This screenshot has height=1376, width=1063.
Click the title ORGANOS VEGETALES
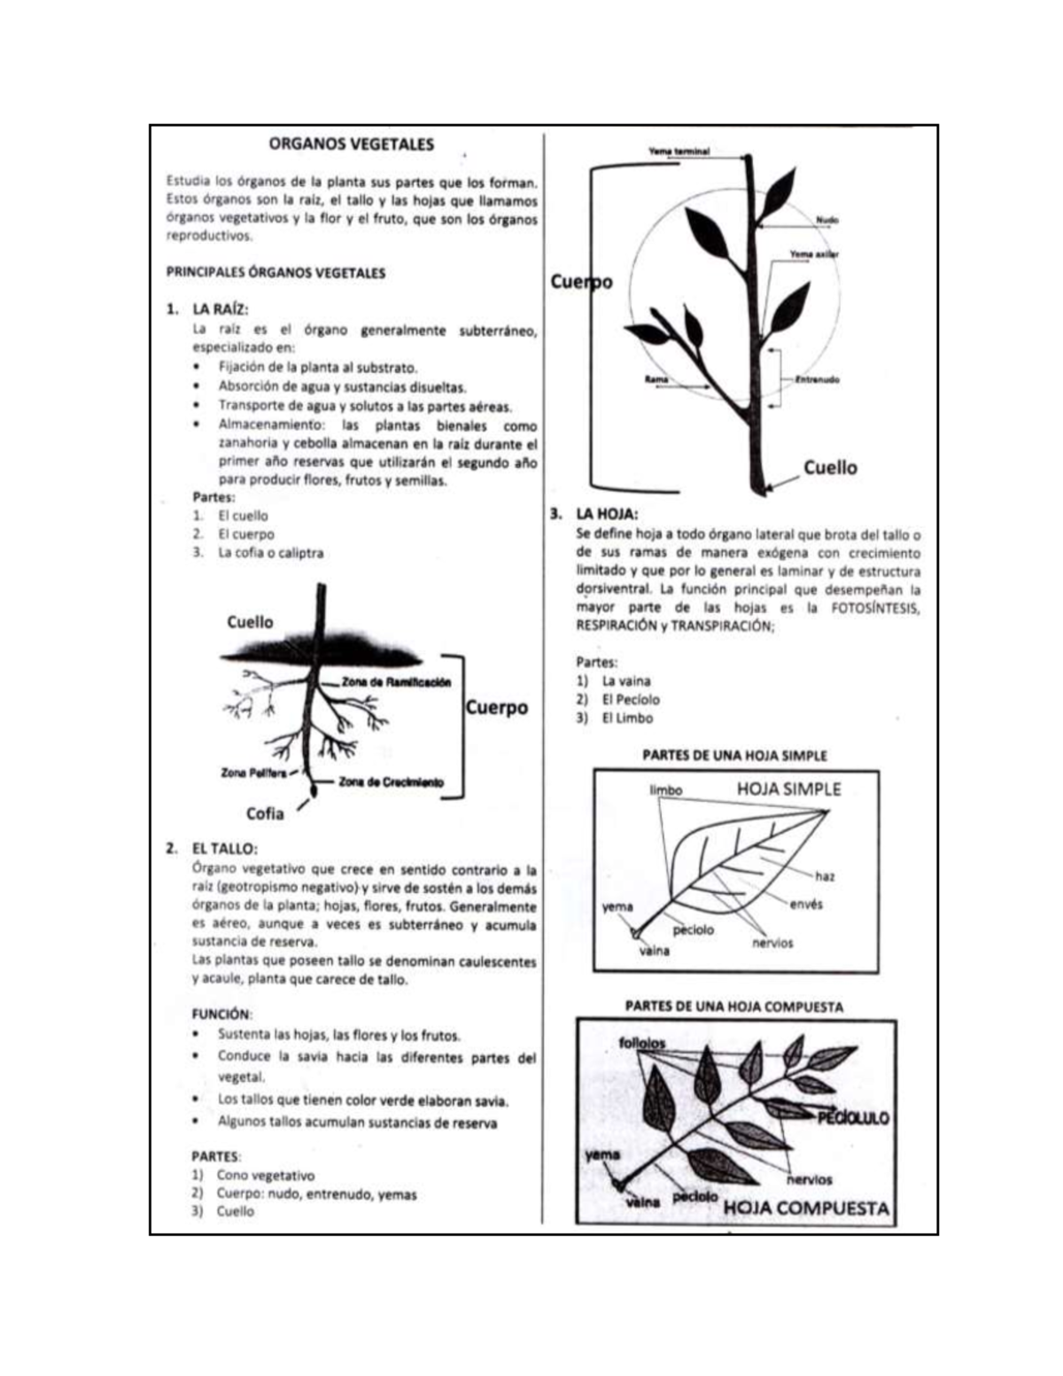pyautogui.click(x=351, y=144)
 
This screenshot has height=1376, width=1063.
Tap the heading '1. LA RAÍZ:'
pyautogui.click(x=220, y=309)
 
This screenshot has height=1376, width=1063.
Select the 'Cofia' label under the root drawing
pyautogui.click(x=265, y=813)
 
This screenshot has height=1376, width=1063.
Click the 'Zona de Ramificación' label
pyautogui.click(x=396, y=682)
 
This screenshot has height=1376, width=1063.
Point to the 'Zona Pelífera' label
pyautogui.click(x=253, y=773)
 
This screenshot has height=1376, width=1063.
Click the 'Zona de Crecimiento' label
pyautogui.click(x=391, y=782)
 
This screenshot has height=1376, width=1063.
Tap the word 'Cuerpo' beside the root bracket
pyautogui.click(x=496, y=708)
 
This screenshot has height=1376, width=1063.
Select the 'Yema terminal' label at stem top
pyautogui.click(x=679, y=152)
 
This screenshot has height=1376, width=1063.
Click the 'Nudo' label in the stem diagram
pyautogui.click(x=827, y=220)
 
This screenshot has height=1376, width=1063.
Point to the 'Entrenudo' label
pyautogui.click(x=818, y=380)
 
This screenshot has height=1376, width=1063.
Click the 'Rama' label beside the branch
pyautogui.click(x=656, y=380)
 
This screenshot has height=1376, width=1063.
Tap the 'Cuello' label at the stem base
pyautogui.click(x=830, y=467)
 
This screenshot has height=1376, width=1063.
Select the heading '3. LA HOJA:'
pyautogui.click(x=606, y=514)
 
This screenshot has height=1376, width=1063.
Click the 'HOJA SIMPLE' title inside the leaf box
pyautogui.click(x=788, y=789)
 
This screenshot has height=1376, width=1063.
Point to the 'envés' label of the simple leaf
pyautogui.click(x=806, y=905)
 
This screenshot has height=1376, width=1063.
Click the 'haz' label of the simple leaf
pyautogui.click(x=825, y=876)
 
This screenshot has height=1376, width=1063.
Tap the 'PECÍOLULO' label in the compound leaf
pyautogui.click(x=852, y=1118)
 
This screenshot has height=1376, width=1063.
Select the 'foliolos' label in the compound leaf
pyautogui.click(x=642, y=1043)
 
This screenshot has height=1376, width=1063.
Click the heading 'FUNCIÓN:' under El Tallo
pyautogui.click(x=221, y=1014)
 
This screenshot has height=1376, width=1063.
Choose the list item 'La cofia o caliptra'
pyautogui.click(x=270, y=553)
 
